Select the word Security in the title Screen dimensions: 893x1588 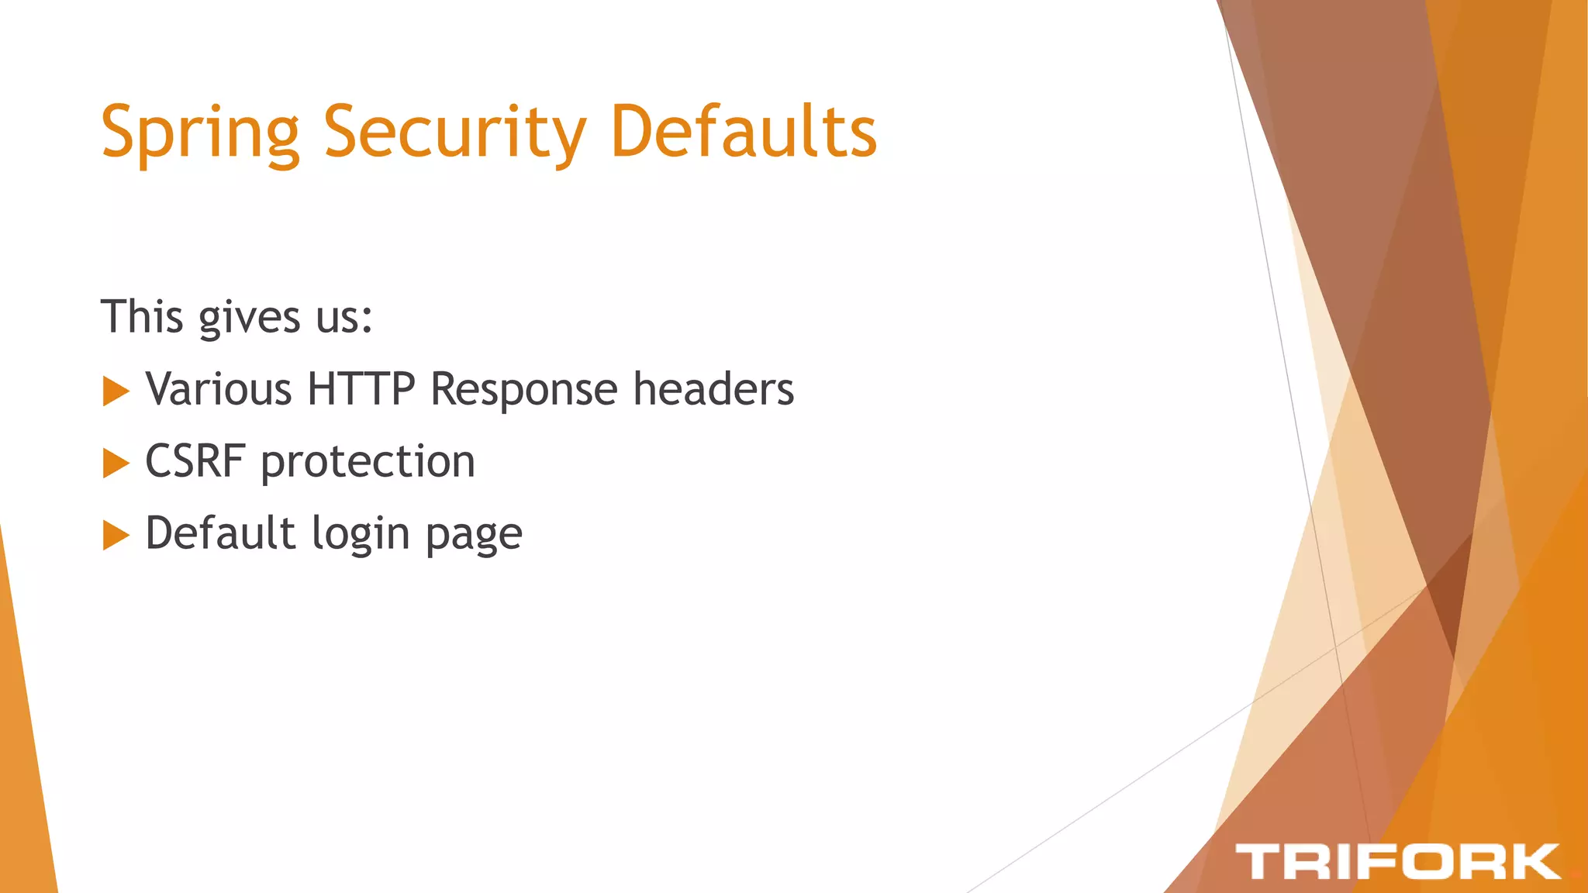[x=454, y=133]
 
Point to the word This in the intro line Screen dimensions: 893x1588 [x=142, y=317]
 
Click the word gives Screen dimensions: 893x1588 [x=249, y=319]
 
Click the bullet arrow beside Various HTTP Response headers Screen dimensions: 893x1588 [x=116, y=391]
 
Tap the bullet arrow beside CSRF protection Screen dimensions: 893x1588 [x=116, y=463]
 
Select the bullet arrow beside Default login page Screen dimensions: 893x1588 [x=116, y=535]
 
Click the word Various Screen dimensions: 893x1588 [x=219, y=389]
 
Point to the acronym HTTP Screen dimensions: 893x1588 [x=361, y=389]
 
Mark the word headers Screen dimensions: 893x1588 [x=713, y=389]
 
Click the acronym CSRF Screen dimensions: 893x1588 [x=195, y=462]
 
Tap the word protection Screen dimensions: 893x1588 [x=368, y=464]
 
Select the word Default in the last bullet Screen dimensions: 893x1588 [x=221, y=533]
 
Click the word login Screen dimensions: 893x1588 [x=361, y=536]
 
